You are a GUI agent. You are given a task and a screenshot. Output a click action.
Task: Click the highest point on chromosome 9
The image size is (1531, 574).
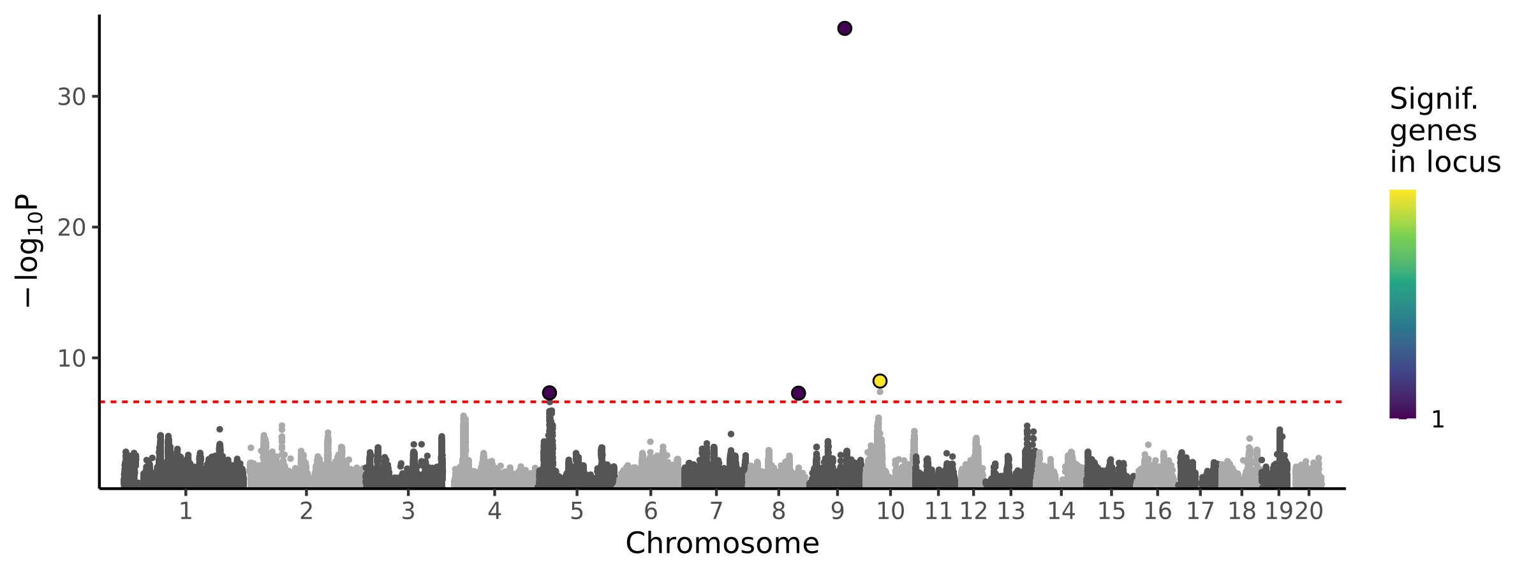pos(845,28)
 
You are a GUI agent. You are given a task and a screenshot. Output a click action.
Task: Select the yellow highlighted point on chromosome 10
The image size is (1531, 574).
pos(880,381)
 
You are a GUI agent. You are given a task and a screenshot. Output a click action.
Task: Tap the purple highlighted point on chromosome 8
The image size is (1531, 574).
pos(798,393)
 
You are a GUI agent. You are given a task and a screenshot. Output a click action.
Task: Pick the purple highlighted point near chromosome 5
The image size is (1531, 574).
pos(549,393)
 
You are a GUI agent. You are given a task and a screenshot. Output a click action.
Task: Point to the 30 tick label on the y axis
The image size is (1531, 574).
pos(71,97)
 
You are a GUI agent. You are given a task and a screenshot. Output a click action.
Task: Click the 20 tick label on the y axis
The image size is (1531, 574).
pos(71,228)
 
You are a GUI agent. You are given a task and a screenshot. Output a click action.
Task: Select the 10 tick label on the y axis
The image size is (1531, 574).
pos(71,358)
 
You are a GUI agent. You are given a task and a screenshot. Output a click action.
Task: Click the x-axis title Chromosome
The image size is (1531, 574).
pos(722,544)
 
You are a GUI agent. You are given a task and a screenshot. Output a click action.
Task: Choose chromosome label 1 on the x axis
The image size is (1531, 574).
pos(186,511)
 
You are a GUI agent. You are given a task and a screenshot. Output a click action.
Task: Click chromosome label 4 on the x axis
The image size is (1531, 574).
pos(494,511)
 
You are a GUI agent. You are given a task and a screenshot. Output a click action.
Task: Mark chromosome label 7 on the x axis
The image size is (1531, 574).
pos(716,511)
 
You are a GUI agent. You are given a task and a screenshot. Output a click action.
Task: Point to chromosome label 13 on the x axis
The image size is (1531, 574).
pos(1011,511)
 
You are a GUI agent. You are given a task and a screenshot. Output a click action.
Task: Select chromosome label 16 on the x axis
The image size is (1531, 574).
pos(1158,511)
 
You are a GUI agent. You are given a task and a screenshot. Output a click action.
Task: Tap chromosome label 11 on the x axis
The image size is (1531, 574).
pos(938,511)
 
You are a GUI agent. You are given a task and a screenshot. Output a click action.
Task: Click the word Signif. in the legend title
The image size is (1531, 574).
pos(1433,99)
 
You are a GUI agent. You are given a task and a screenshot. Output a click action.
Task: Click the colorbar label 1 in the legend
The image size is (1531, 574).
pos(1438,420)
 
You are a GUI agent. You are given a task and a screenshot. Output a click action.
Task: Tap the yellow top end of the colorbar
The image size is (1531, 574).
pos(1403,194)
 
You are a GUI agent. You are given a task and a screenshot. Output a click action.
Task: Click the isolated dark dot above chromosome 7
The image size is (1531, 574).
pos(731,434)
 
